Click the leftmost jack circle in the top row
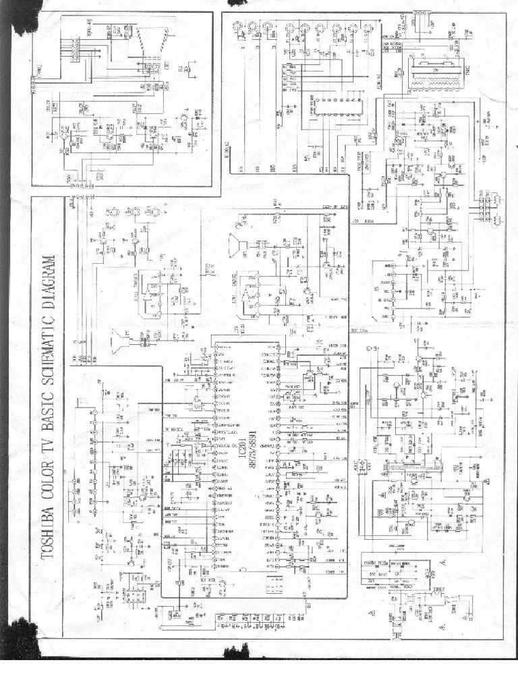[240, 28]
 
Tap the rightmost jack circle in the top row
[369, 28]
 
